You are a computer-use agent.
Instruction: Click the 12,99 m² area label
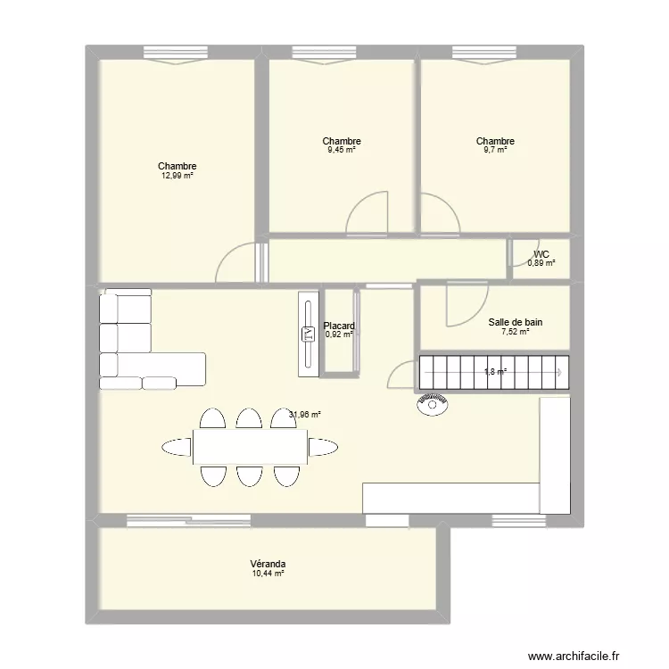point(177,177)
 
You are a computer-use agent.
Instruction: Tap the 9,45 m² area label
point(342,151)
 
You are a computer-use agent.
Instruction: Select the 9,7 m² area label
point(495,151)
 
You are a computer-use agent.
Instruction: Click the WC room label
point(541,253)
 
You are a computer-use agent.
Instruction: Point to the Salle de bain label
point(516,322)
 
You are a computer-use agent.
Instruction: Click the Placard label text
point(339,326)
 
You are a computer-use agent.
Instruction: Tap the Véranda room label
point(268,564)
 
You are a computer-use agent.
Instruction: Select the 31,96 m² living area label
point(305,414)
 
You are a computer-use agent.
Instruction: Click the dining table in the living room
point(251,444)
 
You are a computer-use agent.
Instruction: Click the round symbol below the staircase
point(432,405)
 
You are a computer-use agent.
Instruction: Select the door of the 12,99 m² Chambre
point(236,264)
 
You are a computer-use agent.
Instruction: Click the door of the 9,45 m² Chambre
point(368,214)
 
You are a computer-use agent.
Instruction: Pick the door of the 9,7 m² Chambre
point(439,214)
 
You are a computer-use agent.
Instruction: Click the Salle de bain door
point(467,303)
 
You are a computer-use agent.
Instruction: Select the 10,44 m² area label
point(268,574)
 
